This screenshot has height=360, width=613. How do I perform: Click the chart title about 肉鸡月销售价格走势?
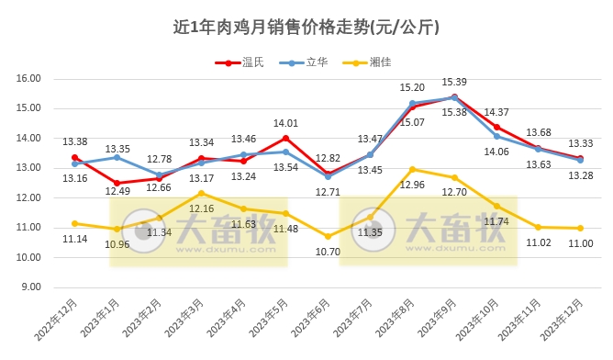tap(306, 27)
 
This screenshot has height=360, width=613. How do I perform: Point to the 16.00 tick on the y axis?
tap(30, 79)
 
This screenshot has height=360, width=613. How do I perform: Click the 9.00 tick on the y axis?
tap(30, 287)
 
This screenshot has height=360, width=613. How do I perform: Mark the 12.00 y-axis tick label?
tap(30, 197)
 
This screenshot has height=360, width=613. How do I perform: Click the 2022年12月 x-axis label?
tap(59, 321)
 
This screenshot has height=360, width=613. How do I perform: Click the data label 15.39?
tap(454, 82)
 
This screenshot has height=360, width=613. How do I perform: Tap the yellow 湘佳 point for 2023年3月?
tap(201, 193)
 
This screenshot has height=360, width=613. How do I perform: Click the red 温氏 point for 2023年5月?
tap(285, 138)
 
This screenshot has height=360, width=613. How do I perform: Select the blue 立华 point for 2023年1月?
tap(117, 157)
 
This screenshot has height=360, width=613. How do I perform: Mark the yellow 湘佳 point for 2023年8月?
tap(412, 169)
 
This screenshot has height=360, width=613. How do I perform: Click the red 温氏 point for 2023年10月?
tap(496, 127)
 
